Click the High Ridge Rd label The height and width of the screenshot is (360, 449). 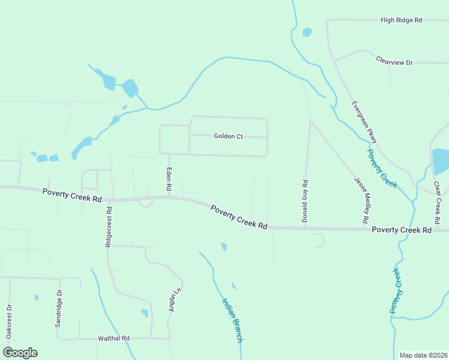pos(402,20)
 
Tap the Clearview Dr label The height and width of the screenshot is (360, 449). pos(394,62)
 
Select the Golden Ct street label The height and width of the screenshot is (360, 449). pos(228,136)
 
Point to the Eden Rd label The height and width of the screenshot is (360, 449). pos(169,180)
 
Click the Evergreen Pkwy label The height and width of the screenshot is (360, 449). pos(365,122)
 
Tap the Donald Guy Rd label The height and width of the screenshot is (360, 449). pos(305,202)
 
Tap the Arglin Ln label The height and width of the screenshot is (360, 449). pos(175,299)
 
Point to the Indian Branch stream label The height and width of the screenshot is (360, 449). pos(232,320)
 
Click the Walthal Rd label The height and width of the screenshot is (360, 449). pos(113,338)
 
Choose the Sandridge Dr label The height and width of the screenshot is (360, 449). pos(58,309)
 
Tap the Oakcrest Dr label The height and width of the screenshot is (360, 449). pos(9,322)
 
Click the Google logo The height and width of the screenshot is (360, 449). pos(20,352)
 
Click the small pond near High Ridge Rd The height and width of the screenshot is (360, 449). pos(307,32)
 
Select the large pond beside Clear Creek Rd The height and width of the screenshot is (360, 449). pos(440,161)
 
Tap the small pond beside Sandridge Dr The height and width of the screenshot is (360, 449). pos(37,297)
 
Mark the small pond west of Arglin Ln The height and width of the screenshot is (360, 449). pos(145,313)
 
